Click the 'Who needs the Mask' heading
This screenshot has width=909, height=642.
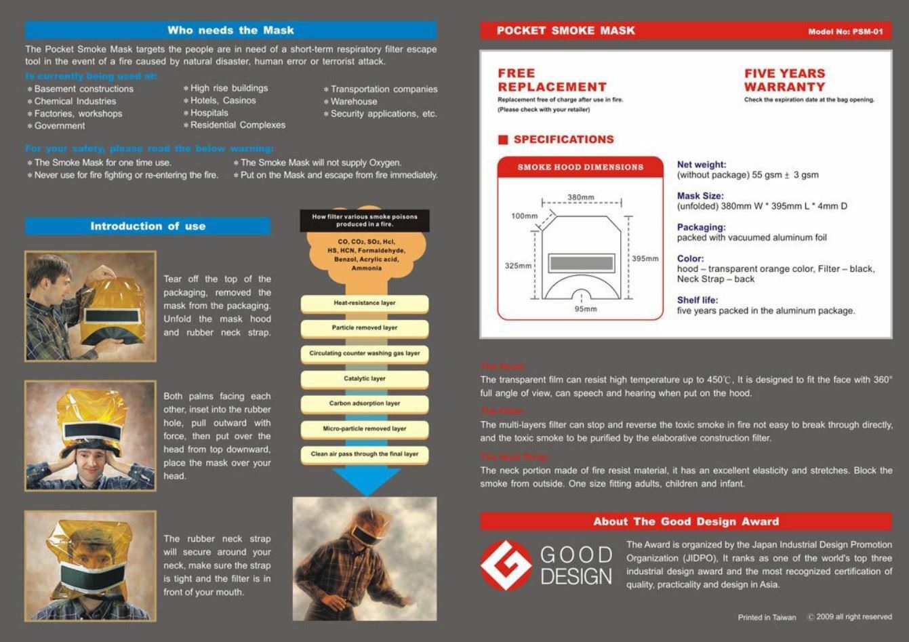point(230,31)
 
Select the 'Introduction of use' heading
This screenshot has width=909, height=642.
point(148,226)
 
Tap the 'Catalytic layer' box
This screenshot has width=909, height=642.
point(365,379)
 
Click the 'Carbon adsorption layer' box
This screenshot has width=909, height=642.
point(365,404)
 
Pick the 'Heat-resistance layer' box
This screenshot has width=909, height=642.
point(365,304)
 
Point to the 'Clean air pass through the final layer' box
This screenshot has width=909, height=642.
point(365,454)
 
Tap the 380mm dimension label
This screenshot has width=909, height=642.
point(581,197)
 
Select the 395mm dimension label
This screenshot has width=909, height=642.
point(645,258)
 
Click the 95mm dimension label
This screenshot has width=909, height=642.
point(586,309)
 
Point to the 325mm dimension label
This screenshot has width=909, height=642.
point(519,266)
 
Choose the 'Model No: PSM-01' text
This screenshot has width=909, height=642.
point(845,32)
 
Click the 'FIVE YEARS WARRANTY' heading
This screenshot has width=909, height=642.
point(784,80)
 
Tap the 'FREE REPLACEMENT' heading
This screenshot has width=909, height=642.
point(552,80)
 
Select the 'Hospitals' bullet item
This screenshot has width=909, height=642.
point(209,113)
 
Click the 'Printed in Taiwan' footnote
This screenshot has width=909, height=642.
point(767,618)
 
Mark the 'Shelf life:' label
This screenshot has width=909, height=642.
point(697,300)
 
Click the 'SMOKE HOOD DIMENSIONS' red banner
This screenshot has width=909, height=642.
point(580,167)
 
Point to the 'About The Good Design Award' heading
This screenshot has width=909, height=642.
point(686,521)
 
